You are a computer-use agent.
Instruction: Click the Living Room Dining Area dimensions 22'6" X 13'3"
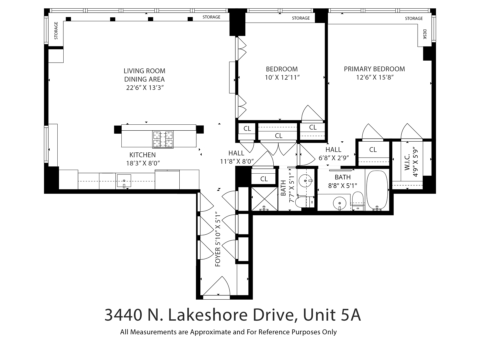[144, 88]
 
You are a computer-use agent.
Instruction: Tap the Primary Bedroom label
[374, 69]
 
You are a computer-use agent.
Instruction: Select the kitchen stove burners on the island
[163, 139]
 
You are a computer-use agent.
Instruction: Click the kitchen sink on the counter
[124, 181]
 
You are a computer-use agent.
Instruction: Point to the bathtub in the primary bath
[377, 191]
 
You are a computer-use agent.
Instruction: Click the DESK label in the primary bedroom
[425, 34]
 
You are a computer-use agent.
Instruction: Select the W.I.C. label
[407, 162]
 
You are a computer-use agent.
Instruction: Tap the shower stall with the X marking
[264, 199]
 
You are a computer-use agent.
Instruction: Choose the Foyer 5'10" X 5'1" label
[218, 239]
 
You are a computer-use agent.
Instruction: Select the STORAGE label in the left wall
[56, 31]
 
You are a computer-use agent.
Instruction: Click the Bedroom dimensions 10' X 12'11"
[282, 78]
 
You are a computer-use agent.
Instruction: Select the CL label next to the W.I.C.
[373, 150]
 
